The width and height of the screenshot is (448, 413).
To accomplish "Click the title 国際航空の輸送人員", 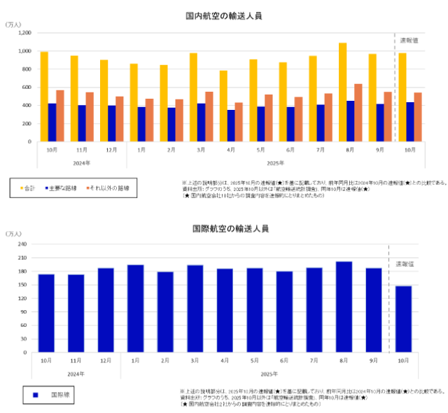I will coord(224,228).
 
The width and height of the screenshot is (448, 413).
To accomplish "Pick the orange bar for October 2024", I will coord(60,115).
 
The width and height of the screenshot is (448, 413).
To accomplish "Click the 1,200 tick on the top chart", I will coord(25,33).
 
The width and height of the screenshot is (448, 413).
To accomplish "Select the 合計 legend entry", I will coord(29,188).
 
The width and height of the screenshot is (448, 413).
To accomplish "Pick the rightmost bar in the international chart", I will coord(403,318).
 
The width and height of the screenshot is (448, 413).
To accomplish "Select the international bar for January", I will coord(136,308).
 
